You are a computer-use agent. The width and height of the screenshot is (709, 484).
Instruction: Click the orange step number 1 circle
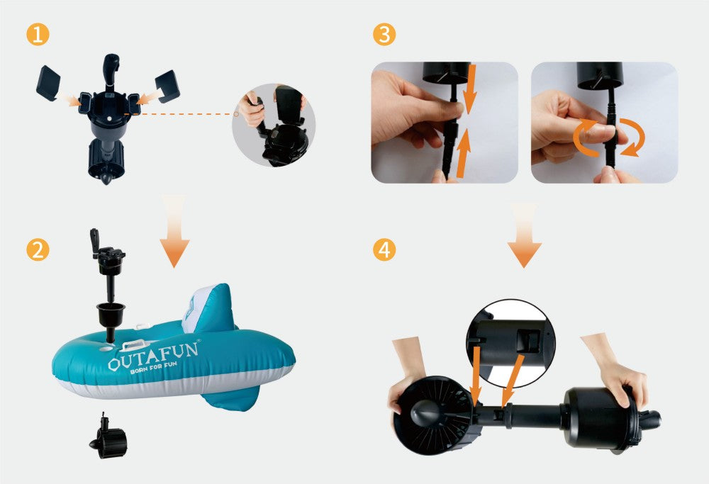38,34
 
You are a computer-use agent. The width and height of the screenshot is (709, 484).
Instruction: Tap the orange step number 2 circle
38,250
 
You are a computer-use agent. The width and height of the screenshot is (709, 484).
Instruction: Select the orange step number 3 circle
384,34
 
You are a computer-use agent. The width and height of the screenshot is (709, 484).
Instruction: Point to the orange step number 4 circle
384,250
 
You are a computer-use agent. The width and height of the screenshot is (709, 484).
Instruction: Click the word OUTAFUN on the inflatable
153,356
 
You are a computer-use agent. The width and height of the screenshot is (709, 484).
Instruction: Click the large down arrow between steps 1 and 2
174,232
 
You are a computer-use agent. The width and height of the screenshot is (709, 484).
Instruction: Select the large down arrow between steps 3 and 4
524,235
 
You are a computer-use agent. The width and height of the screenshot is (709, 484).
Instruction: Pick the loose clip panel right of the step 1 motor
167,86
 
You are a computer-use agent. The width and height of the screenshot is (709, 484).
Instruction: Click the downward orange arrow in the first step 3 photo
469,89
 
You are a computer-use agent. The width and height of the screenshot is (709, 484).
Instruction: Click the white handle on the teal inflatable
135,346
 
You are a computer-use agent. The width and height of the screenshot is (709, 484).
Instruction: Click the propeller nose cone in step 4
424,412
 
